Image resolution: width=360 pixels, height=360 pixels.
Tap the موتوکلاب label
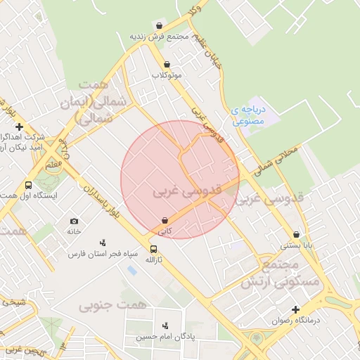click(x=166, y=74)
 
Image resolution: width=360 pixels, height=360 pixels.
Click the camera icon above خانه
click(x=75, y=221)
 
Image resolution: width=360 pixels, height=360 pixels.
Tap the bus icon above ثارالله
click(x=154, y=249)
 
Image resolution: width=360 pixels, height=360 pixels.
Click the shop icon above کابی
click(x=165, y=220)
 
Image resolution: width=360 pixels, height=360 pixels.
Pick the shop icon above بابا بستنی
click(x=296, y=235)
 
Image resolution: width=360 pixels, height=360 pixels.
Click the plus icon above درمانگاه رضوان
click(x=296, y=309)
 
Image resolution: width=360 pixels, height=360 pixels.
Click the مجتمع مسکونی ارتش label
click(x=278, y=274)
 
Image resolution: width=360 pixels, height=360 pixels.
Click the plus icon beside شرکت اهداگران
click(x=29, y=127)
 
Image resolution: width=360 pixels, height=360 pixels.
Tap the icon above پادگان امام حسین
click(x=165, y=326)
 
